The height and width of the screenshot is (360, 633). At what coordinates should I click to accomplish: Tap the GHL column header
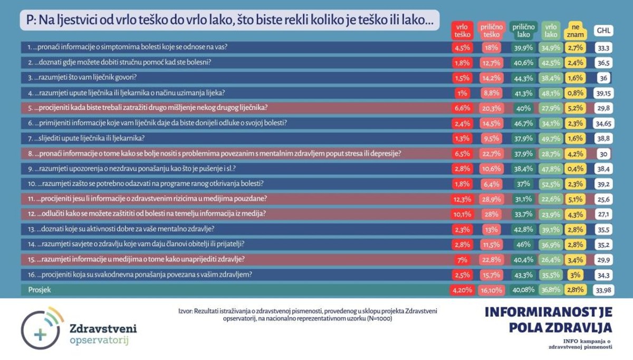point(603,31)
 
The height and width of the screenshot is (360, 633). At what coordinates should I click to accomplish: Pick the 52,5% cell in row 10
point(551,183)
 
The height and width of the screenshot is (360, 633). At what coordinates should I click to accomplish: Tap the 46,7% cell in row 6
point(523,123)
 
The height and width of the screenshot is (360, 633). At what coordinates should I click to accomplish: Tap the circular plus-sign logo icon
point(40,330)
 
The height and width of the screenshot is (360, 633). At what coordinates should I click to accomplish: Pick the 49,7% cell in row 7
point(551,138)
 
